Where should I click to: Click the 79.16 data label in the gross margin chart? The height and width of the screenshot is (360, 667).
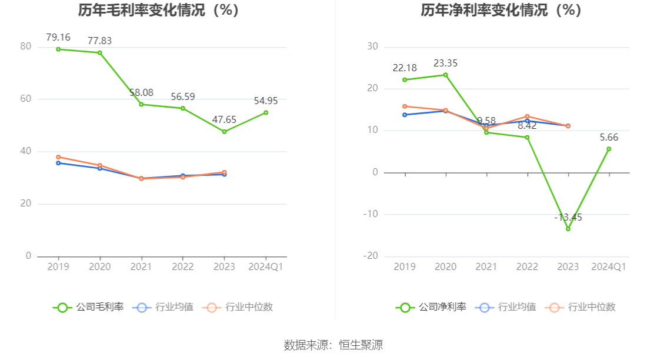[58, 37]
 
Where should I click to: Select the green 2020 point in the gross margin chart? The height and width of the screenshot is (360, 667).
[100, 53]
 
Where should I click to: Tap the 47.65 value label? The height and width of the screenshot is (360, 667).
[224, 119]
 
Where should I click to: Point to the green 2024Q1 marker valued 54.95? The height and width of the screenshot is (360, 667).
[266, 112]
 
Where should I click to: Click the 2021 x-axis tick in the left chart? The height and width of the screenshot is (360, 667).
[141, 266]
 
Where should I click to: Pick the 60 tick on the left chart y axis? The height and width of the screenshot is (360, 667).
[26, 99]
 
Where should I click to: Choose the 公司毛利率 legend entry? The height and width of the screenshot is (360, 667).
[89, 307]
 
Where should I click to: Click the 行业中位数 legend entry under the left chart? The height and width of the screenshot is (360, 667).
[238, 307]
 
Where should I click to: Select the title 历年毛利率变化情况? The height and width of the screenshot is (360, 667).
[159, 10]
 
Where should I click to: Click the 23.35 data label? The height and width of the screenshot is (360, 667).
[445, 63]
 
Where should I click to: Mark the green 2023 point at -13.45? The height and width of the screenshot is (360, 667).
[568, 229]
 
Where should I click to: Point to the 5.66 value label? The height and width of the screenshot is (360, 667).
[609, 137]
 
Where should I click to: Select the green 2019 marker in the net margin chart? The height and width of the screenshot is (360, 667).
[405, 80]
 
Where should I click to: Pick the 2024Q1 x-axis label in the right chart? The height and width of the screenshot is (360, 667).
[609, 266]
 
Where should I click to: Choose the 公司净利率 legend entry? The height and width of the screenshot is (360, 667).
[431, 307]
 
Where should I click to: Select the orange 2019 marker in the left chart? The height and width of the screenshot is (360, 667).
[58, 157]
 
